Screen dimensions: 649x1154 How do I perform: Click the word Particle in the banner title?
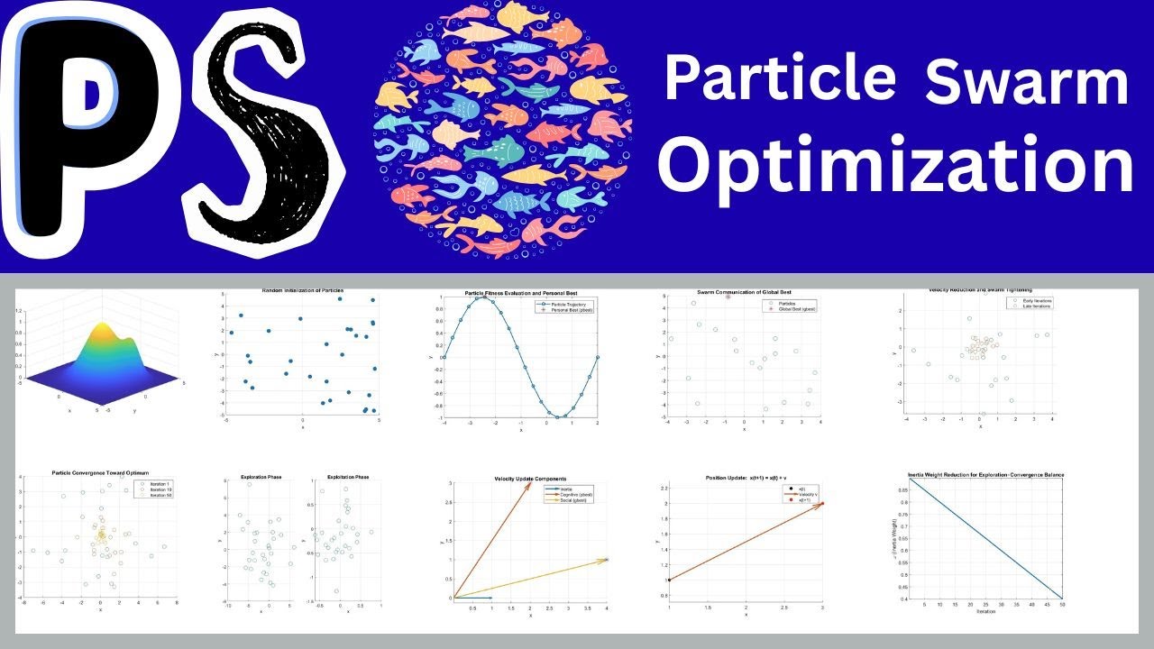(779, 79)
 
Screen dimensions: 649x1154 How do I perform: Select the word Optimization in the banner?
(894, 166)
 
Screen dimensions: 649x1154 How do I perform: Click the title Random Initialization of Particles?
(302, 290)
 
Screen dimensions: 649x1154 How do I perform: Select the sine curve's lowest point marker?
(559, 417)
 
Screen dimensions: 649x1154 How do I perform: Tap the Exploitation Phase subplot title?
(341, 477)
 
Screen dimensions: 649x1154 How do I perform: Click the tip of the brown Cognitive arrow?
(529, 485)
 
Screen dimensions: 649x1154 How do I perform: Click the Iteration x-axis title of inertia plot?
(985, 611)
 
